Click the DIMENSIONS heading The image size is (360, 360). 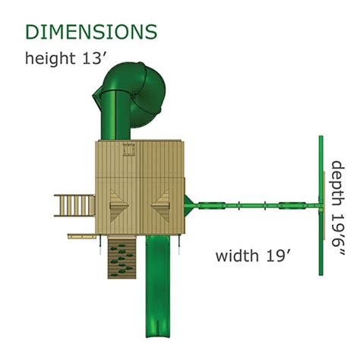pyautogui.click(x=91, y=32)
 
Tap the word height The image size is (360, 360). pyautogui.click(x=50, y=58)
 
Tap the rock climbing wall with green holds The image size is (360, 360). pyautogui.click(x=122, y=257)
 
